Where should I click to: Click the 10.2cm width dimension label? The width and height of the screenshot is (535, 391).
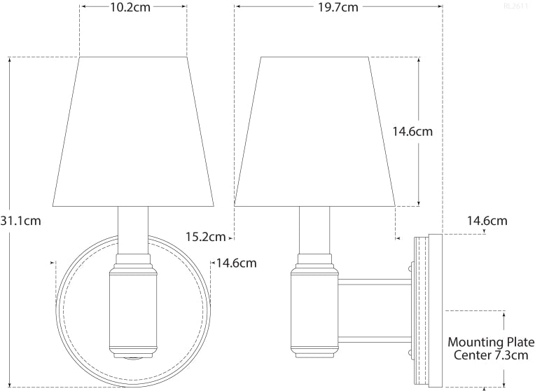pyautogui.click(x=133, y=9)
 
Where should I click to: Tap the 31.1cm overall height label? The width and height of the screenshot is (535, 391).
pyautogui.click(x=21, y=221)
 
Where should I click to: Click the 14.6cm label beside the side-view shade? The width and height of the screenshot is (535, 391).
pyautogui.click(x=412, y=131)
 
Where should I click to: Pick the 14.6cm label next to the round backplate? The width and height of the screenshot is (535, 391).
pyautogui.click(x=237, y=263)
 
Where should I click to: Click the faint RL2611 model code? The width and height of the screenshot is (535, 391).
pyautogui.click(x=517, y=6)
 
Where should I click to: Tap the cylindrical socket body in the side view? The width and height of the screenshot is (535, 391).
pyautogui.click(x=315, y=308)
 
